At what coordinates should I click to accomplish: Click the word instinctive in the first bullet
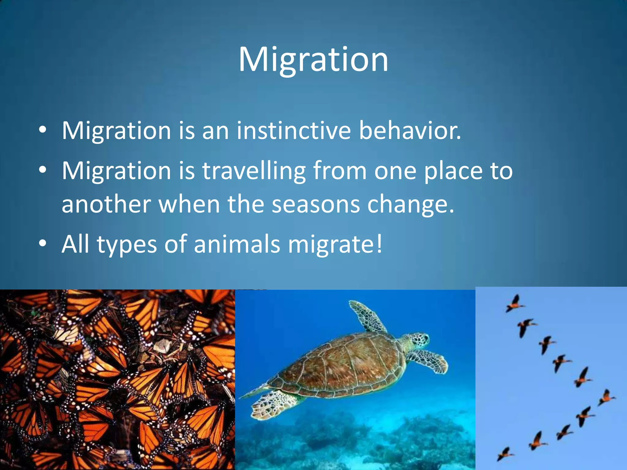click(293, 131)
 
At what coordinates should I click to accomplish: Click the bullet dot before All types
click(43, 244)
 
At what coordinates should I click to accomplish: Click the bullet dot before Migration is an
click(43, 131)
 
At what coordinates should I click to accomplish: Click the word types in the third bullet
click(127, 244)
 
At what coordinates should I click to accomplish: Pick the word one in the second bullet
click(395, 171)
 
